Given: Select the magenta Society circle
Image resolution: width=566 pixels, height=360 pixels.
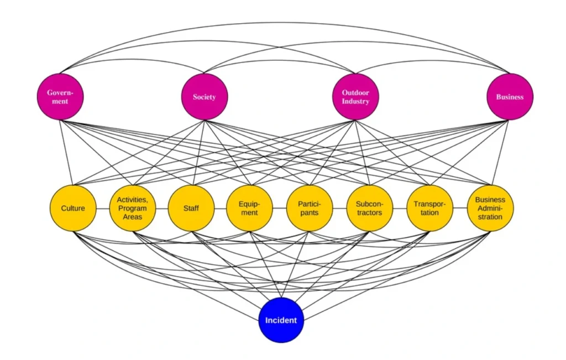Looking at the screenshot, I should [x=205, y=97].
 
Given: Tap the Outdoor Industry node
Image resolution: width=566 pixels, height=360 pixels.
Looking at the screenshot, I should [x=355, y=97].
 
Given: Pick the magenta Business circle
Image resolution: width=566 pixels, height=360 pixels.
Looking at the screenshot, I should [x=510, y=97].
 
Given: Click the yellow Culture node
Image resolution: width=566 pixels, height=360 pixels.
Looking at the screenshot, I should [x=73, y=208].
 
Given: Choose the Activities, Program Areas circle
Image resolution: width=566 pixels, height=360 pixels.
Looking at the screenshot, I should [x=132, y=208].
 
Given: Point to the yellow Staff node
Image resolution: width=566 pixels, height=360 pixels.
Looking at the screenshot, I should [x=191, y=208].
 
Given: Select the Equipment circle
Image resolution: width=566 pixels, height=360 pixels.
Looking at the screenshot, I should [x=249, y=208].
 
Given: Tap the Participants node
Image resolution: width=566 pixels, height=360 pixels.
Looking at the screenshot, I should [x=310, y=208].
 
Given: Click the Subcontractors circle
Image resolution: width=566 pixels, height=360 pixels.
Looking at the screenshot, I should [x=369, y=208].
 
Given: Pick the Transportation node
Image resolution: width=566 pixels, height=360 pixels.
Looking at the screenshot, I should [x=430, y=208].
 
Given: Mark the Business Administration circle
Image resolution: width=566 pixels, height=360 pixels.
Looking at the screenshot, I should [x=490, y=208].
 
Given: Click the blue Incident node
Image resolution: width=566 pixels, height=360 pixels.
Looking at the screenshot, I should [x=281, y=320].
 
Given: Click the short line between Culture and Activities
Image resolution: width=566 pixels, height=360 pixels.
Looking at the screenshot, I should [x=102, y=208].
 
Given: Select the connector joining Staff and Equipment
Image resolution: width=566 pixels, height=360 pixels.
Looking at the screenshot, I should [x=220, y=208].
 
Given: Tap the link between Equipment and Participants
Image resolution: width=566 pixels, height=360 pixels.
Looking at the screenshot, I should [x=279, y=208].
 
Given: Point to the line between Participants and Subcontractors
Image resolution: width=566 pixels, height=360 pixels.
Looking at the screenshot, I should [x=339, y=208].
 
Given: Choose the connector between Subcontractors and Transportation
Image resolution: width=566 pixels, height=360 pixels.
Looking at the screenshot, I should [x=400, y=208].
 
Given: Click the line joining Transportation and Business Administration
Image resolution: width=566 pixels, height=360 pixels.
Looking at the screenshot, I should [x=460, y=208].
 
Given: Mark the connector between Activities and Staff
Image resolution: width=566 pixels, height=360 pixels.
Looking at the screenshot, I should [x=161, y=208].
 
